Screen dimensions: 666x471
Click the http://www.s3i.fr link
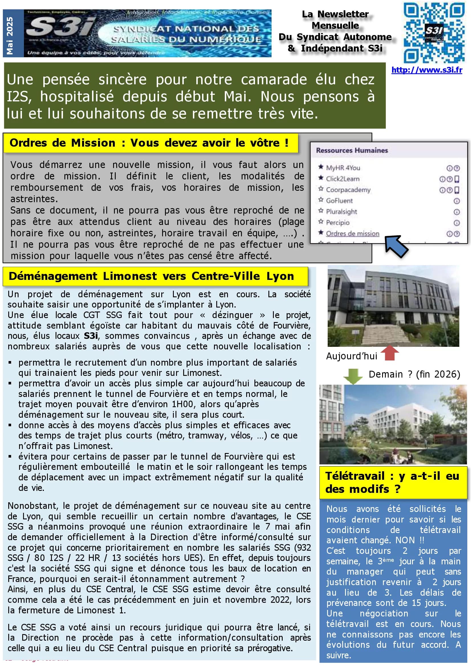[x=427, y=70]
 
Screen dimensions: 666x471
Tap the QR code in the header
[x=434, y=32]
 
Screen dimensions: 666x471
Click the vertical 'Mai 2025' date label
[x=10, y=35]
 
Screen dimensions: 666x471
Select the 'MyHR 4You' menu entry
[x=343, y=168]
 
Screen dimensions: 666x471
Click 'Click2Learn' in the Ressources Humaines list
[x=342, y=179]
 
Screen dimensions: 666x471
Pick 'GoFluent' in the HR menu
[x=339, y=200]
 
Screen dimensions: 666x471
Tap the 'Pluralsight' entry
[x=341, y=212]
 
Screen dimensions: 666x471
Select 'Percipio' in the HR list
[x=337, y=222]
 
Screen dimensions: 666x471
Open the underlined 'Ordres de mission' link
[x=352, y=233]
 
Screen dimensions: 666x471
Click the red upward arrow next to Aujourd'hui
[x=390, y=353]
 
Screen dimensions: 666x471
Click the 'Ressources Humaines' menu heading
[x=352, y=150]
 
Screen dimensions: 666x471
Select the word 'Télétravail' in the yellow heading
[x=355, y=476]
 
